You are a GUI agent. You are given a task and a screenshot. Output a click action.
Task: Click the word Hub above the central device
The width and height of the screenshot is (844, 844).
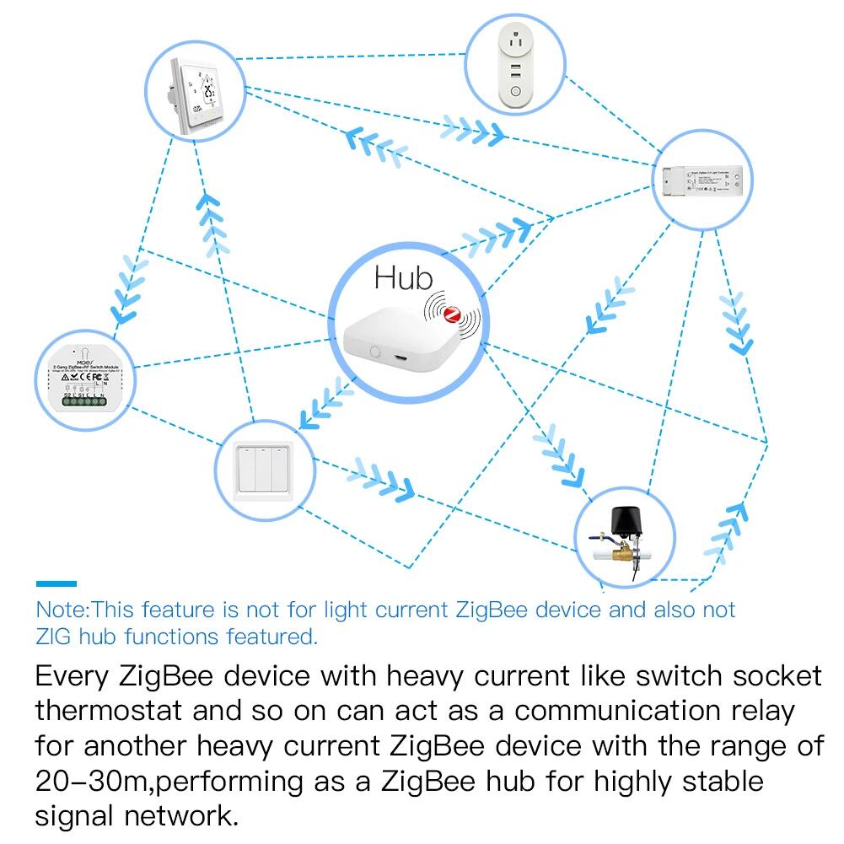coord(403,277)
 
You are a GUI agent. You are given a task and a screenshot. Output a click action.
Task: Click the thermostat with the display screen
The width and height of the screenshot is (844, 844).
coord(196,93)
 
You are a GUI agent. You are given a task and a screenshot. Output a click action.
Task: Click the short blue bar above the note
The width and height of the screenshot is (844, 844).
coord(56,583)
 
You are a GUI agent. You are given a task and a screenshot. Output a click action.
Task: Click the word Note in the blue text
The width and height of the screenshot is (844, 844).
coord(62,610)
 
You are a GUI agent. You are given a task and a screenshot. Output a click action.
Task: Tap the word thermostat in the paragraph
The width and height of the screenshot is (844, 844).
coord(108,711)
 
